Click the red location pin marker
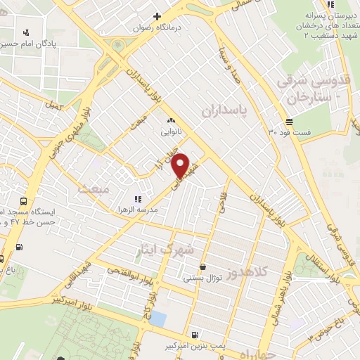[181, 165]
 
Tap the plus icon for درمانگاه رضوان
[157, 17]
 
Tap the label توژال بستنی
[203, 278]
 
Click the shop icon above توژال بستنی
[203, 267]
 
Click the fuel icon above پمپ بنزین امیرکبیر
[195, 335]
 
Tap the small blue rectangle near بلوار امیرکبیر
[159, 319]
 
